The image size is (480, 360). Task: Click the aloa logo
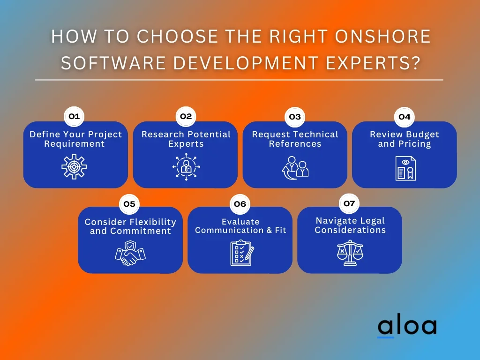[x=407, y=327]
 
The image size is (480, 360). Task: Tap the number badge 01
[x=74, y=117]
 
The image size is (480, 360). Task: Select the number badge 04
[x=405, y=117]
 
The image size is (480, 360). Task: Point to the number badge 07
[x=349, y=203]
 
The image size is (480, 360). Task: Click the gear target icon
[x=74, y=167]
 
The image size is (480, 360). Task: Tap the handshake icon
[x=130, y=253]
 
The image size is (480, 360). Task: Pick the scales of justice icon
[x=350, y=253]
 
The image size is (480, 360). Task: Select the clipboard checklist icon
[x=242, y=253]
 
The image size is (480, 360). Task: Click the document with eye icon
[x=405, y=168]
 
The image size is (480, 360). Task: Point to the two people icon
[x=295, y=168]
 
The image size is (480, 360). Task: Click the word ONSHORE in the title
[x=382, y=37]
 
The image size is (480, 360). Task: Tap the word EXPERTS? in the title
[x=373, y=63]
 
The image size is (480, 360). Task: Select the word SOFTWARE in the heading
[x=113, y=63]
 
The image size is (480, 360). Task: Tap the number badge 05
[x=129, y=204]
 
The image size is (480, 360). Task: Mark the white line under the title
[x=239, y=80]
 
